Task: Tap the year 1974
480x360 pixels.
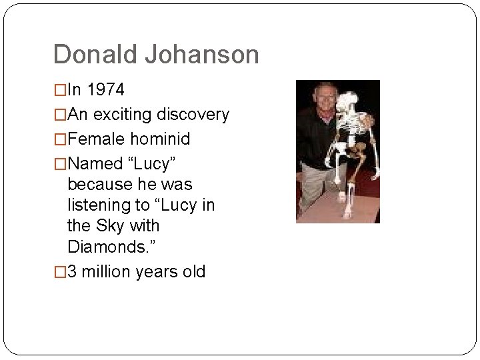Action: pos(105,90)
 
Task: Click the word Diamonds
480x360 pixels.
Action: pos(109,247)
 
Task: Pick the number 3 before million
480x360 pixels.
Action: pos(73,272)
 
